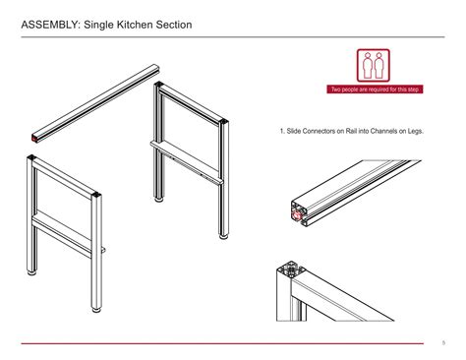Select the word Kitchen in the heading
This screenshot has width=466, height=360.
tap(144, 23)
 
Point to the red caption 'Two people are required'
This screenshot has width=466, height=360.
tap(378, 90)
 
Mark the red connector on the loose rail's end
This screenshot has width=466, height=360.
tap(35, 138)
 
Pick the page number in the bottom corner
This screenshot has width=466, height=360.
tap(442, 341)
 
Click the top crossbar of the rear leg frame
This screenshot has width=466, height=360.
tap(193, 104)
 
